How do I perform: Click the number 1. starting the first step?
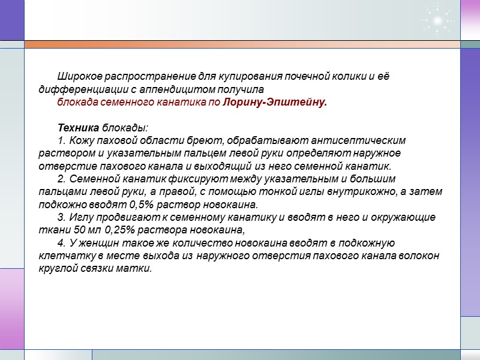click(61, 140)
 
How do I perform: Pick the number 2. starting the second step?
click(61, 179)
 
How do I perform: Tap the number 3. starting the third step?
click(61, 217)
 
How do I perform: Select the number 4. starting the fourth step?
click(61, 243)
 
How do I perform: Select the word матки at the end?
click(137, 268)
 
